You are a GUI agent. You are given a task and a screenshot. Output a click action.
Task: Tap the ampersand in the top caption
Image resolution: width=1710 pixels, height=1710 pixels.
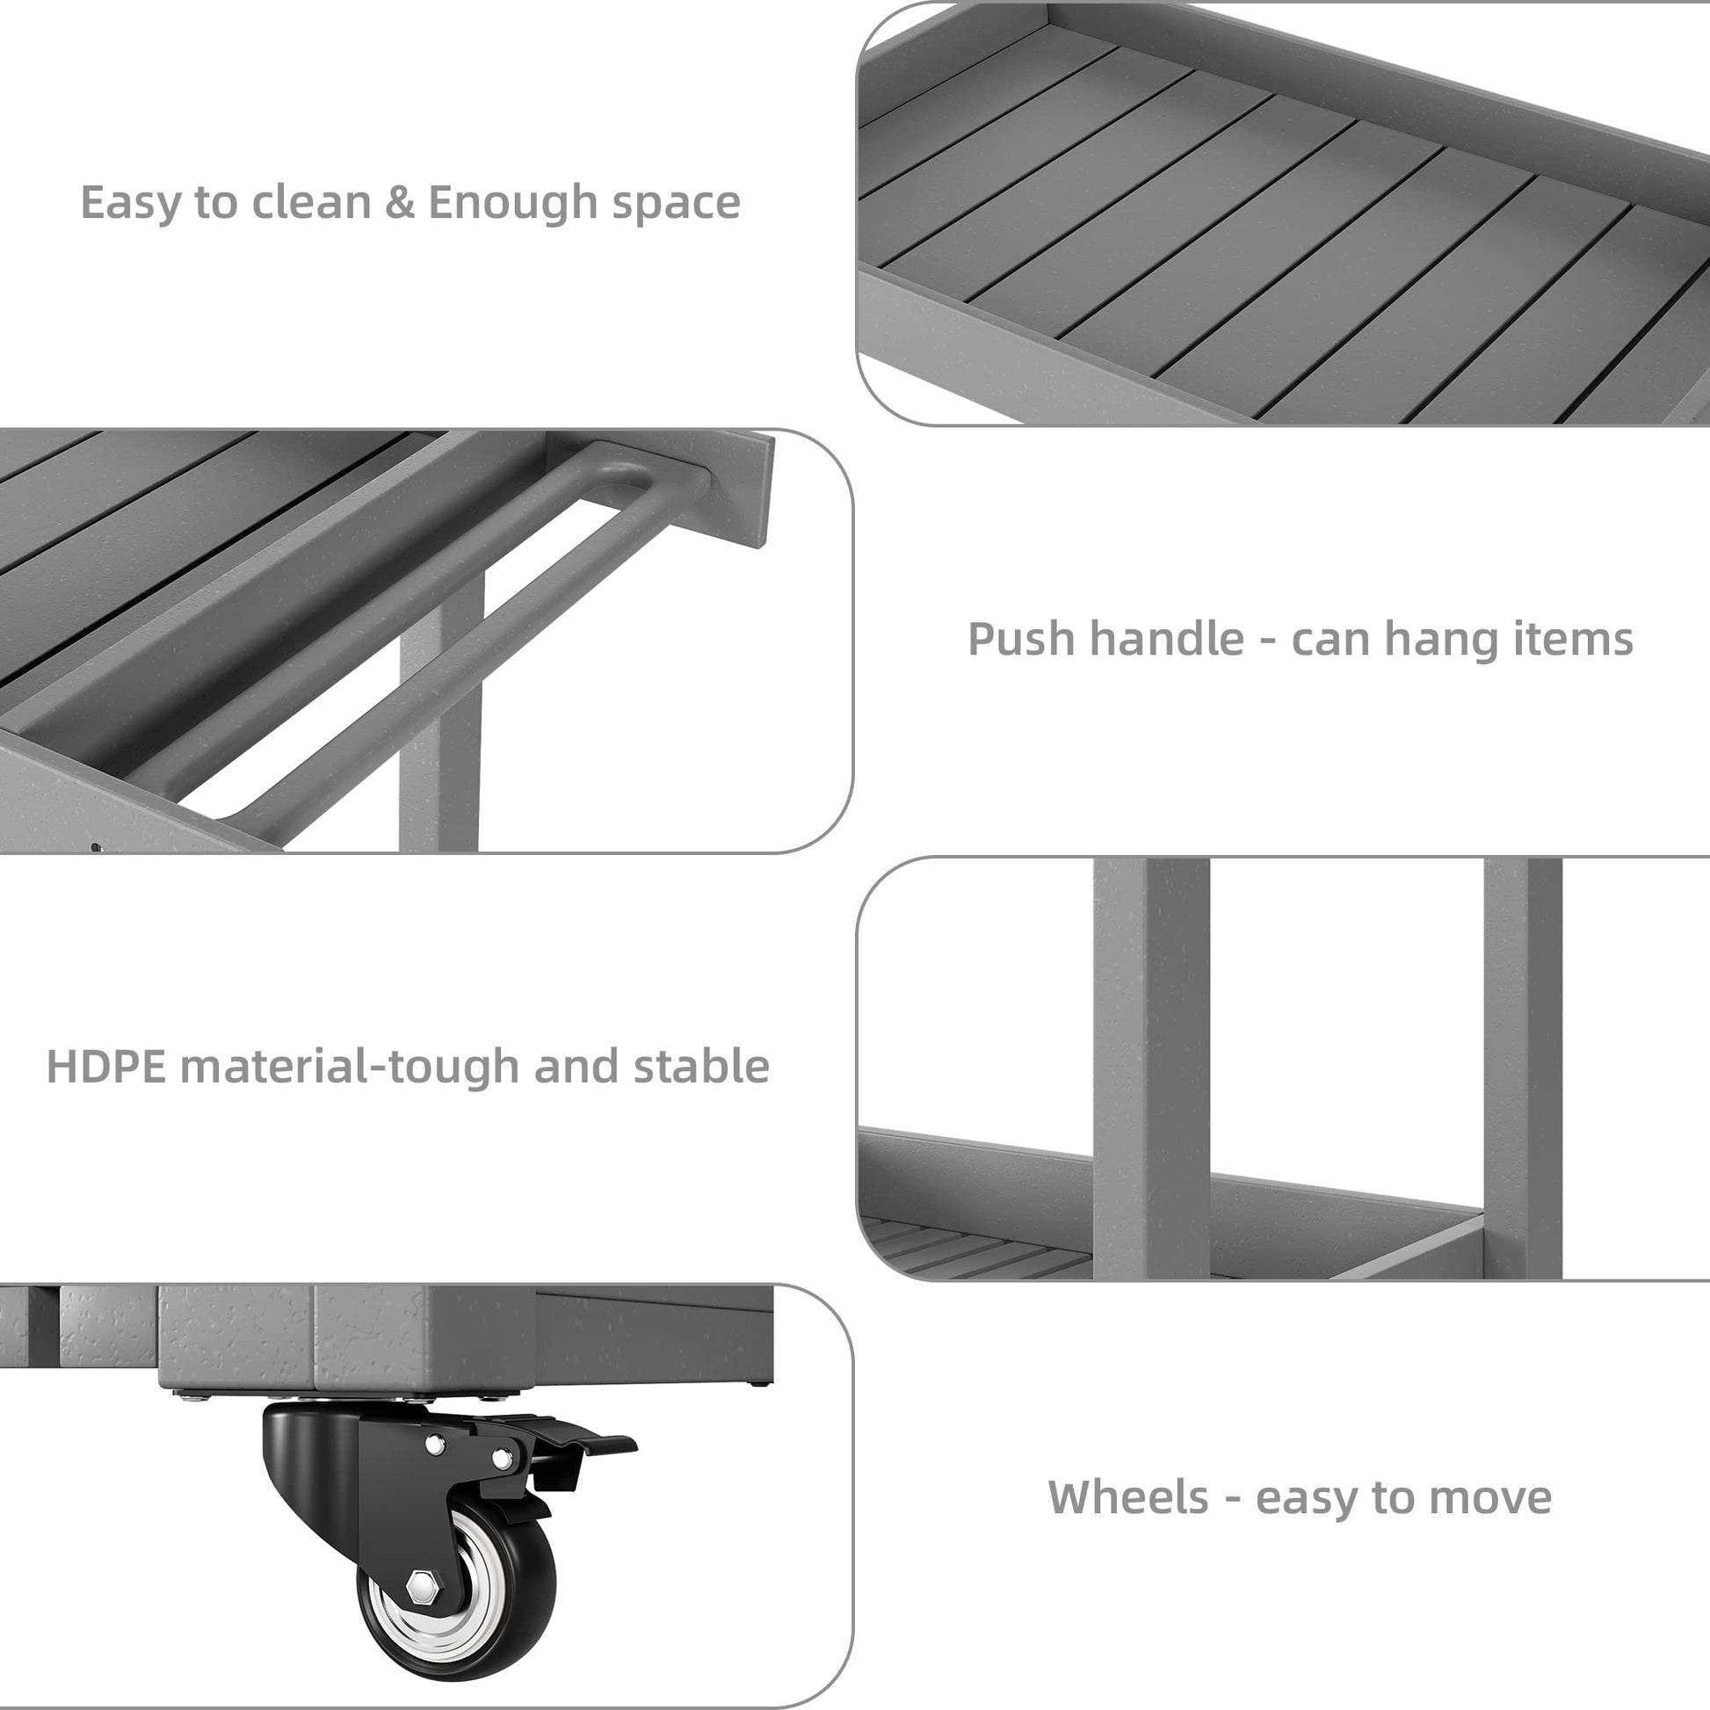coord(400,203)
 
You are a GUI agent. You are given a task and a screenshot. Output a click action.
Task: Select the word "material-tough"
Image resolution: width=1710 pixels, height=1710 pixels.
coord(350,1068)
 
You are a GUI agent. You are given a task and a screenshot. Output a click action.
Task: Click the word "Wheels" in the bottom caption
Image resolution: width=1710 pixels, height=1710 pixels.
coord(1128,1497)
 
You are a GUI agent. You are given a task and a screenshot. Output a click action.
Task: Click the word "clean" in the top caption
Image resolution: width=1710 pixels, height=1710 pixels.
coord(310,203)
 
